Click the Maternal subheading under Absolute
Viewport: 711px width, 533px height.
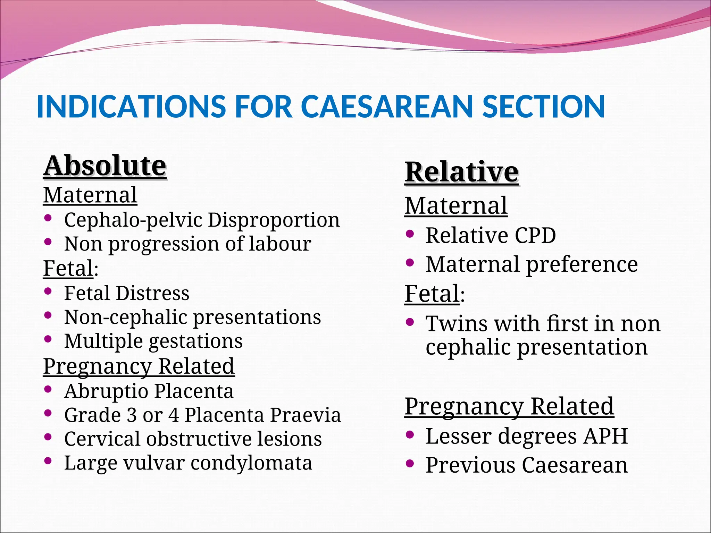click(x=90, y=195)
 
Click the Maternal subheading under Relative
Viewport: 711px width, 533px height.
click(x=456, y=205)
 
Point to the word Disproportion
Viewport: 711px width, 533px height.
click(x=274, y=220)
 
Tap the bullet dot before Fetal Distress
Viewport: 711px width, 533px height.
click(x=48, y=291)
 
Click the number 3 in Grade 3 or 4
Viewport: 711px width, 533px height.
click(x=132, y=415)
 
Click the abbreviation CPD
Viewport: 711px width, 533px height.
click(x=535, y=236)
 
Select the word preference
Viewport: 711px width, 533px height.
click(x=582, y=265)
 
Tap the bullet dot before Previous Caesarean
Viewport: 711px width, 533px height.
click(x=410, y=463)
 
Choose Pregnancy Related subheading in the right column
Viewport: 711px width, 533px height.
click(x=509, y=406)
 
